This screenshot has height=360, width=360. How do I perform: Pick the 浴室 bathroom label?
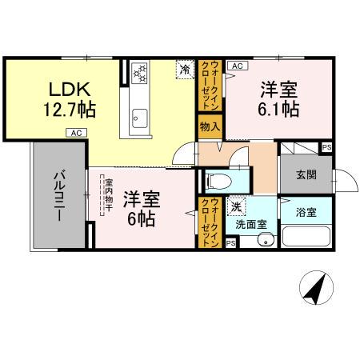coord(306,213)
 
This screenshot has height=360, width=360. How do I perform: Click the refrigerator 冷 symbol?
coord(184,70)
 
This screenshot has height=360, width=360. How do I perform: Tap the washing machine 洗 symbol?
coord(237,206)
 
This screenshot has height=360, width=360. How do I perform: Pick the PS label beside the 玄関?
coord(326,148)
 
